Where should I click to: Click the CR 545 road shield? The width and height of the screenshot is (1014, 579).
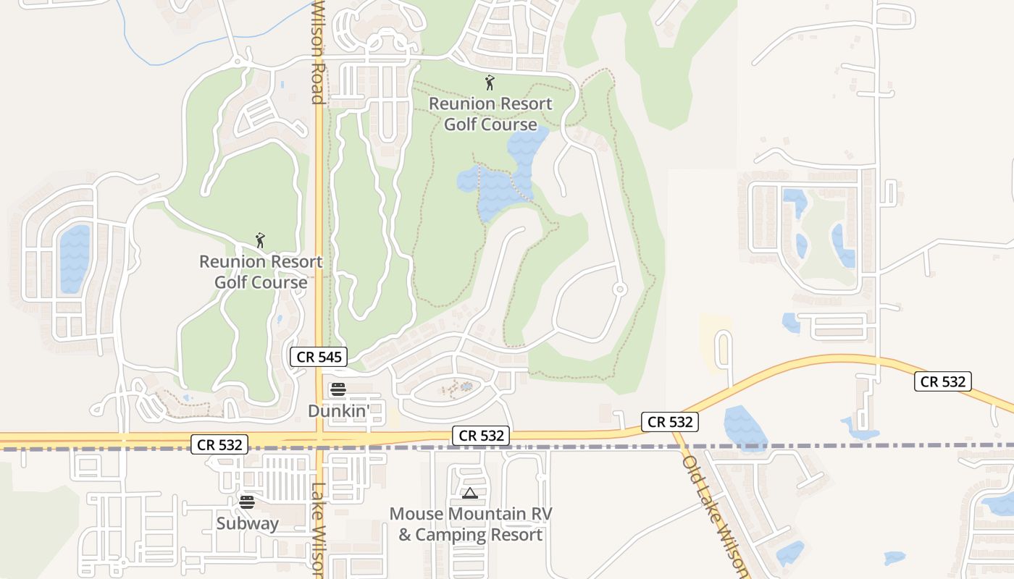[319, 357]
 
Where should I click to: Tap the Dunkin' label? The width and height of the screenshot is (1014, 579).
[339, 410]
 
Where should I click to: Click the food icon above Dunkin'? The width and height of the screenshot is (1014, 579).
[338, 389]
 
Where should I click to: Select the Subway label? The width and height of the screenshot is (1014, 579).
[247, 523]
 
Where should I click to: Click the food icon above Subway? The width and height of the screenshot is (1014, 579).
[247, 502]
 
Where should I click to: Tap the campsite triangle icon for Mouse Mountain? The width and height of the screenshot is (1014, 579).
[469, 494]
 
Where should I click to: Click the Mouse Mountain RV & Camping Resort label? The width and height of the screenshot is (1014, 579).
[471, 525]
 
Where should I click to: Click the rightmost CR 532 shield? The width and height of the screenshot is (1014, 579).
[942, 381]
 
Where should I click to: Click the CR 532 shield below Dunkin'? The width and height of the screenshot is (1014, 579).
[481, 436]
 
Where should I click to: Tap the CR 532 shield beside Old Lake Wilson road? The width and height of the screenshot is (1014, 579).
[670, 422]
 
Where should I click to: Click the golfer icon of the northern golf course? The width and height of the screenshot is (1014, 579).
[490, 83]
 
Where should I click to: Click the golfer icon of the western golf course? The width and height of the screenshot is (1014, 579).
[260, 240]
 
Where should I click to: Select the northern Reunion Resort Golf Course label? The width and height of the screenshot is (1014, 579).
[490, 114]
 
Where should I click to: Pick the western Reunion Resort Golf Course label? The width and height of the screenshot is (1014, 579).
[261, 271]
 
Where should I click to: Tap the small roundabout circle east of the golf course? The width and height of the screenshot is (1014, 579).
[620, 289]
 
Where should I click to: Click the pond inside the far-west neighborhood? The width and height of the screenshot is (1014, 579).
[74, 258]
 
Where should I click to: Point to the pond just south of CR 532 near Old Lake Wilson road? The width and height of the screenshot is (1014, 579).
[744, 428]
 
